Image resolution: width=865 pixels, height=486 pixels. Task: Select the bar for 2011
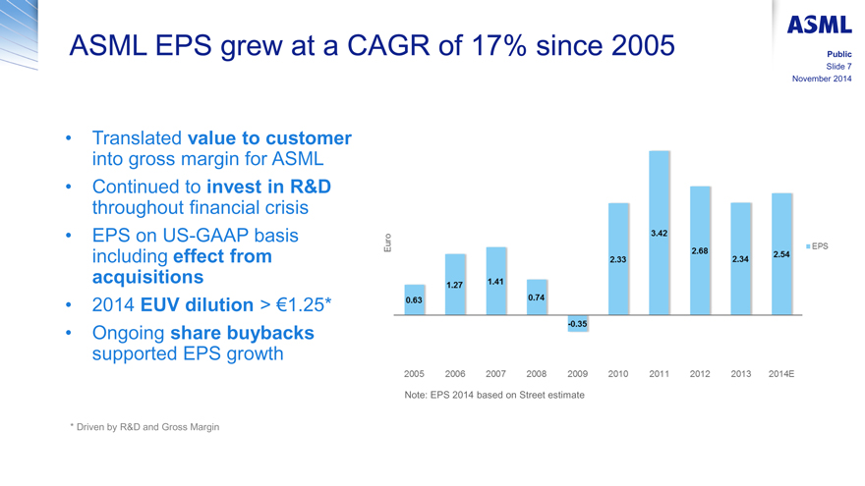(660, 233)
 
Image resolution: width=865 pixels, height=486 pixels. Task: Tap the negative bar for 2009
(578, 324)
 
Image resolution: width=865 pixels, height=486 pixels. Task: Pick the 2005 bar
(415, 299)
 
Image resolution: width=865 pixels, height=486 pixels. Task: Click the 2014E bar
(781, 253)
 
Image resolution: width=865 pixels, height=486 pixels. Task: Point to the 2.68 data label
(700, 251)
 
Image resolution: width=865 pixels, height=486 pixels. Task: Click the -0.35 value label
(578, 324)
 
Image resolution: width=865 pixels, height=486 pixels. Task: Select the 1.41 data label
(496, 283)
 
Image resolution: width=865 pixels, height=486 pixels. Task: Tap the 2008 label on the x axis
(537, 374)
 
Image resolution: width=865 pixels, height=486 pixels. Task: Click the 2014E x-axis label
(781, 374)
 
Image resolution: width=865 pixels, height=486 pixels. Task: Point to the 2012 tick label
(700, 374)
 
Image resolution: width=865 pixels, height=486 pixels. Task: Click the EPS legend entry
(816, 246)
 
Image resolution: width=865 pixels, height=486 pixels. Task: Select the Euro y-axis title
(388, 245)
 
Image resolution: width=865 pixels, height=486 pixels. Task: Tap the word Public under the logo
(837, 54)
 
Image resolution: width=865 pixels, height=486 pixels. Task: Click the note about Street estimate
(494, 395)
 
